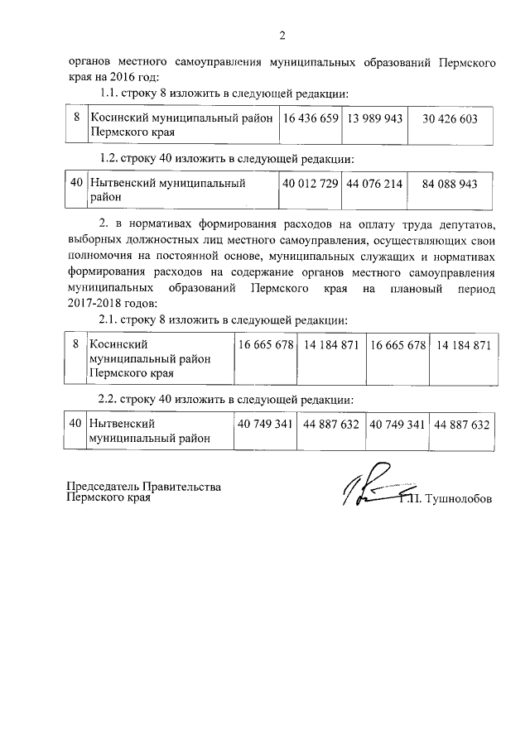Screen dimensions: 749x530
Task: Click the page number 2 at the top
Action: click(282, 36)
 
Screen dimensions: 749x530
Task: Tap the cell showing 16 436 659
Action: click(311, 119)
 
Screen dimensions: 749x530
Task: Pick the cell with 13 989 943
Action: click(375, 119)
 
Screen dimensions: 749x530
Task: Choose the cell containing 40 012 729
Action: click(311, 184)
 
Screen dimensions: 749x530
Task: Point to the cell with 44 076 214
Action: click(375, 184)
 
